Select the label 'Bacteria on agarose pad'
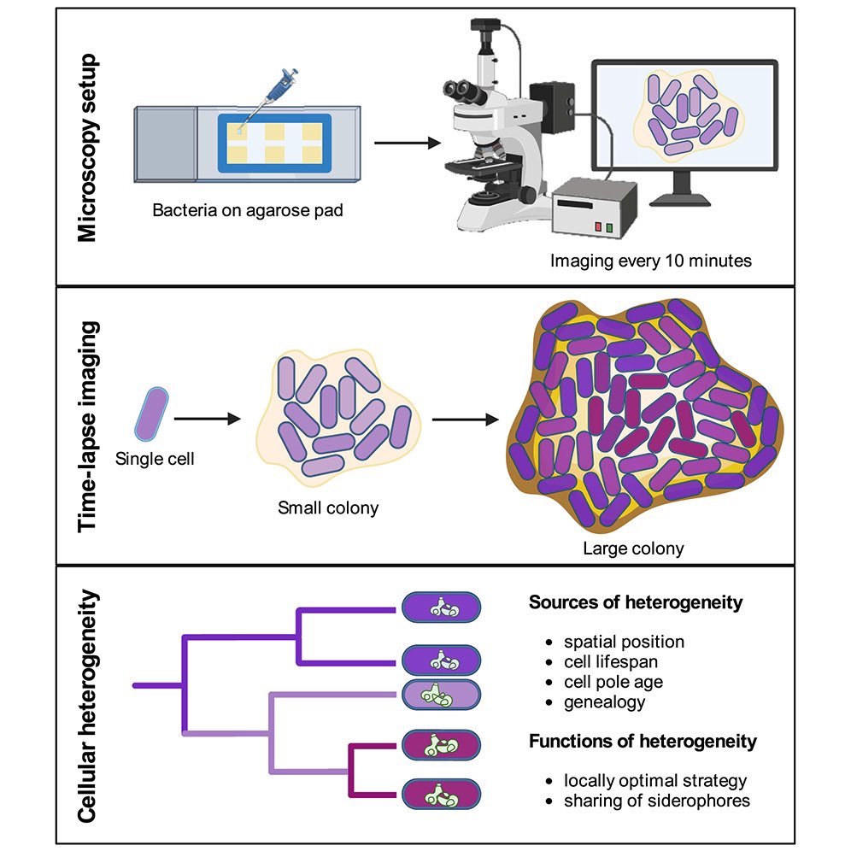(248, 208)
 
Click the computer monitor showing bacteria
(685, 120)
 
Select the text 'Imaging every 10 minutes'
(651, 261)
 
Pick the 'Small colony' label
(328, 508)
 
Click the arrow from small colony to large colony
(465, 420)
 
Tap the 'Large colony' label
(633, 549)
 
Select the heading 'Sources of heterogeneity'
(636, 602)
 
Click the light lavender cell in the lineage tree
(441, 694)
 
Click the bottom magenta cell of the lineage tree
(441, 794)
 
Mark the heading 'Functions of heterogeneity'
(643, 741)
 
